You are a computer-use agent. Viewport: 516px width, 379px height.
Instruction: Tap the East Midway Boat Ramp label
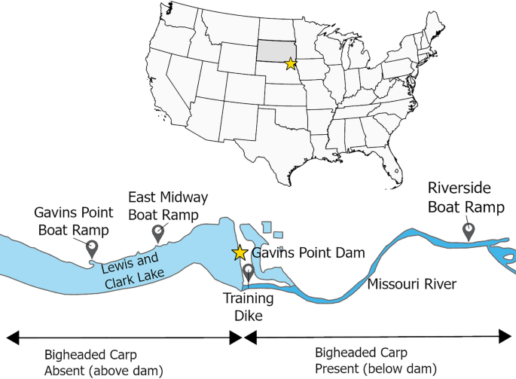[168, 206]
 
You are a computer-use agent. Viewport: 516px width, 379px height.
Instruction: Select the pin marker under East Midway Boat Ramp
[157, 233]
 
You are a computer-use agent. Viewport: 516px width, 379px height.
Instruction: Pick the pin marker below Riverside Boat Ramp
[469, 230]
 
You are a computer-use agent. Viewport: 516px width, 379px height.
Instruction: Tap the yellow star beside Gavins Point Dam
[240, 252]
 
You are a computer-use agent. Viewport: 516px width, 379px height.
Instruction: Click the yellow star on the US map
[291, 64]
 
